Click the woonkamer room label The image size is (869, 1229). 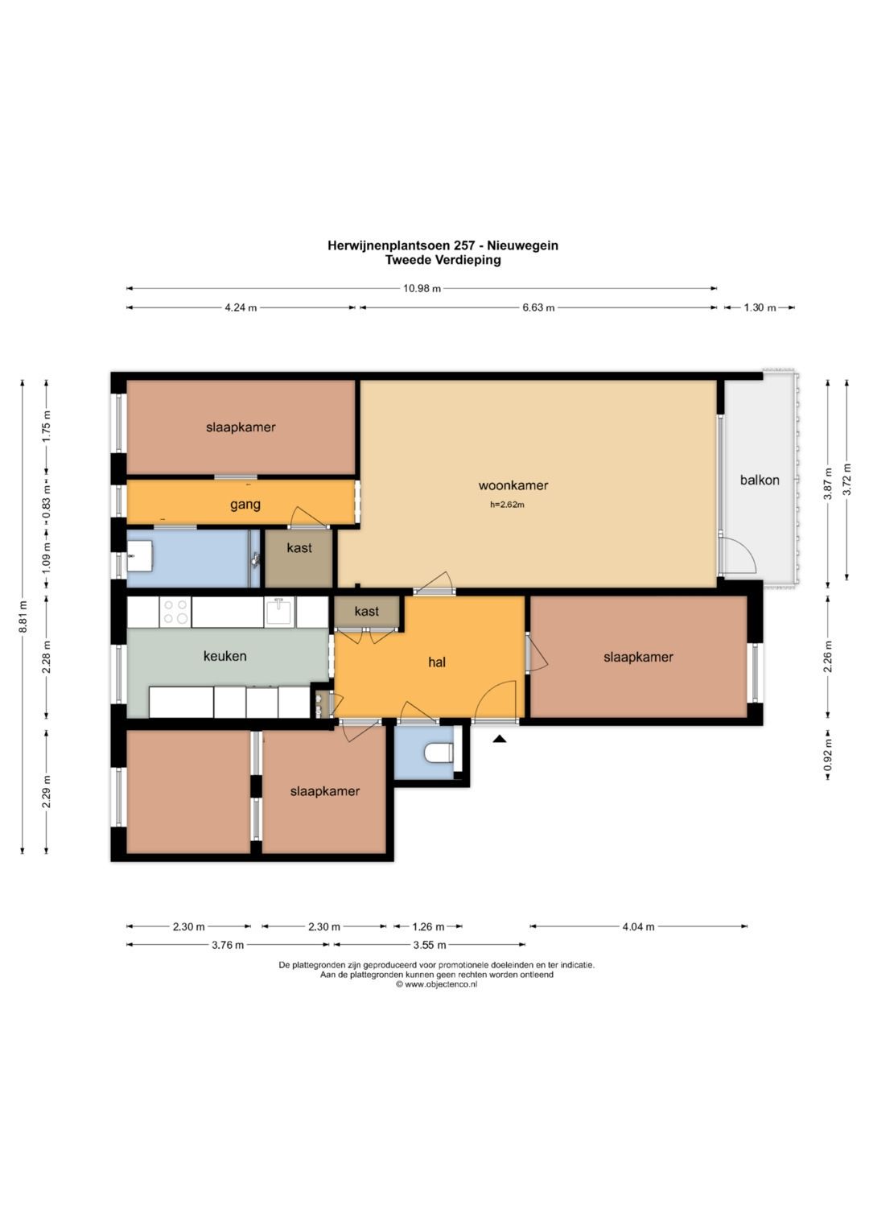coord(513,485)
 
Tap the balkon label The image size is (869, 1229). coord(760,480)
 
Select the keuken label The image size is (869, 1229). coord(225,656)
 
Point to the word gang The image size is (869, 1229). coord(245,505)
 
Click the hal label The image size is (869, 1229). coord(437,662)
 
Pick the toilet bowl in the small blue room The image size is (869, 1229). coord(439,753)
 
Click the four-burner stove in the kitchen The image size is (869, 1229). coord(175,612)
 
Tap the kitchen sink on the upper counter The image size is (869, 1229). coord(280,611)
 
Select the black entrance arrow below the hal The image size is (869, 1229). coord(499,740)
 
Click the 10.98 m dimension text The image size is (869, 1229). coord(422,289)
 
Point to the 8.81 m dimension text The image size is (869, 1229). coord(23,617)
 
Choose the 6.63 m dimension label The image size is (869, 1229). coord(538,307)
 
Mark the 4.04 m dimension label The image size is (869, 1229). coord(638,926)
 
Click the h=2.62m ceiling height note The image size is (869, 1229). coord(507,505)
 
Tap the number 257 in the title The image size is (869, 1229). coord(464,245)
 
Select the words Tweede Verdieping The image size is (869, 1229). coord(443,260)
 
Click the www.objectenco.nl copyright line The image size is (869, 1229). coord(437,984)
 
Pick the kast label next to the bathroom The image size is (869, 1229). coord(299,547)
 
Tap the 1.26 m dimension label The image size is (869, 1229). coord(428,926)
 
